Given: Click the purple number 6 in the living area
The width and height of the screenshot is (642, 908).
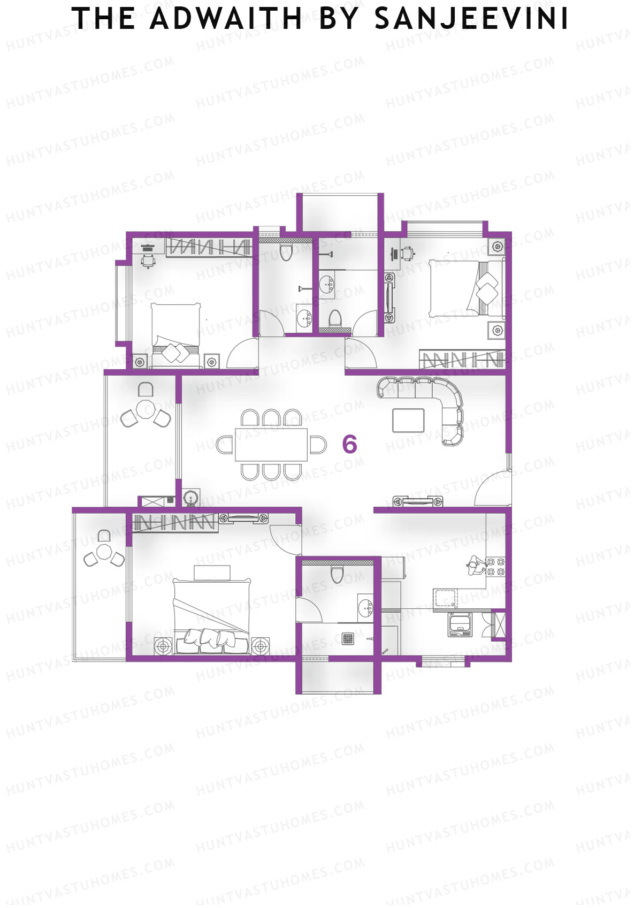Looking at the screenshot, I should [349, 444].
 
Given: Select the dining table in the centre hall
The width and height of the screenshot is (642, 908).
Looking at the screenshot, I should [272, 444].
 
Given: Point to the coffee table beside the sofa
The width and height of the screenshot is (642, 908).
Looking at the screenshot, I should [408, 420].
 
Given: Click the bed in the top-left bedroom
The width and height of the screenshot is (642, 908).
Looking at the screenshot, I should [175, 334].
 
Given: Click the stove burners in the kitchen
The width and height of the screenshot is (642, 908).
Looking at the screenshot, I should [496, 567].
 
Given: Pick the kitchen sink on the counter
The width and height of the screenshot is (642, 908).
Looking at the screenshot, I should [446, 597].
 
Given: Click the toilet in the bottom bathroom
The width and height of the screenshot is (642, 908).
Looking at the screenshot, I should [337, 575].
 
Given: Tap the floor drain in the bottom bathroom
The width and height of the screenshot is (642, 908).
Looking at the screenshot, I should [348, 638].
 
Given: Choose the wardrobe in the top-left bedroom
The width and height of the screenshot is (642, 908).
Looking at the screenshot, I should [209, 248].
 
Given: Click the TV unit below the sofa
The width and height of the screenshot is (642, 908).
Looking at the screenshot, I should [418, 501].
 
